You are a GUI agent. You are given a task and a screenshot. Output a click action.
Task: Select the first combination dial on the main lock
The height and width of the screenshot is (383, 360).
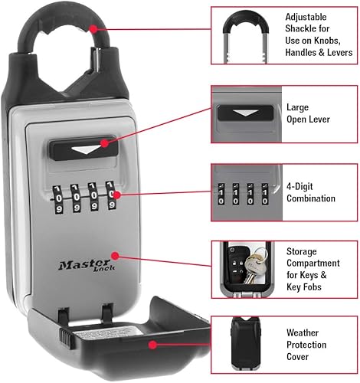click(x=59, y=197)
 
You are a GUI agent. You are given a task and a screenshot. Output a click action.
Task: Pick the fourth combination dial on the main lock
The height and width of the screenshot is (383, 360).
click(x=112, y=195)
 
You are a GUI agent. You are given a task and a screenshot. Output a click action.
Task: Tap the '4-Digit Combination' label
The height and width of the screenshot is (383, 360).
click(x=309, y=192)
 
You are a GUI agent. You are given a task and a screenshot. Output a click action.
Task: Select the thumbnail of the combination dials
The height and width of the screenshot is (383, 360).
click(x=245, y=191)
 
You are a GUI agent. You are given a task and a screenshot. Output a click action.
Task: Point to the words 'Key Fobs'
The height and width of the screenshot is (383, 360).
click(x=306, y=286)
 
